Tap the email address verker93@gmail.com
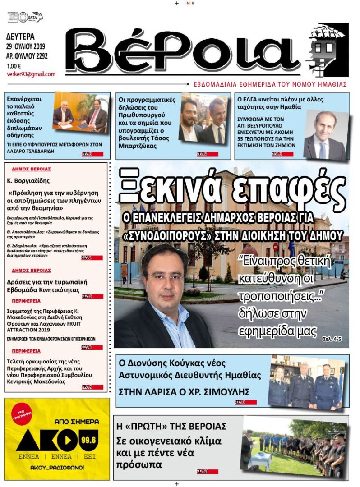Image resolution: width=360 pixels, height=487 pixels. point(31,74)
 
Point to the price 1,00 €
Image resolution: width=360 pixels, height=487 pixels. point(14,66)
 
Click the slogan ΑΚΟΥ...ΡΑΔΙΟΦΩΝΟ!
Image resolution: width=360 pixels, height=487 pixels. point(57,467)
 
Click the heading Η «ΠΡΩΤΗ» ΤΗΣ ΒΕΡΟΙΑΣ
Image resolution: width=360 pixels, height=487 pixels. point(172,426)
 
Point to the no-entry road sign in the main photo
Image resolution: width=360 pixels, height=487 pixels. point(276,247)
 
